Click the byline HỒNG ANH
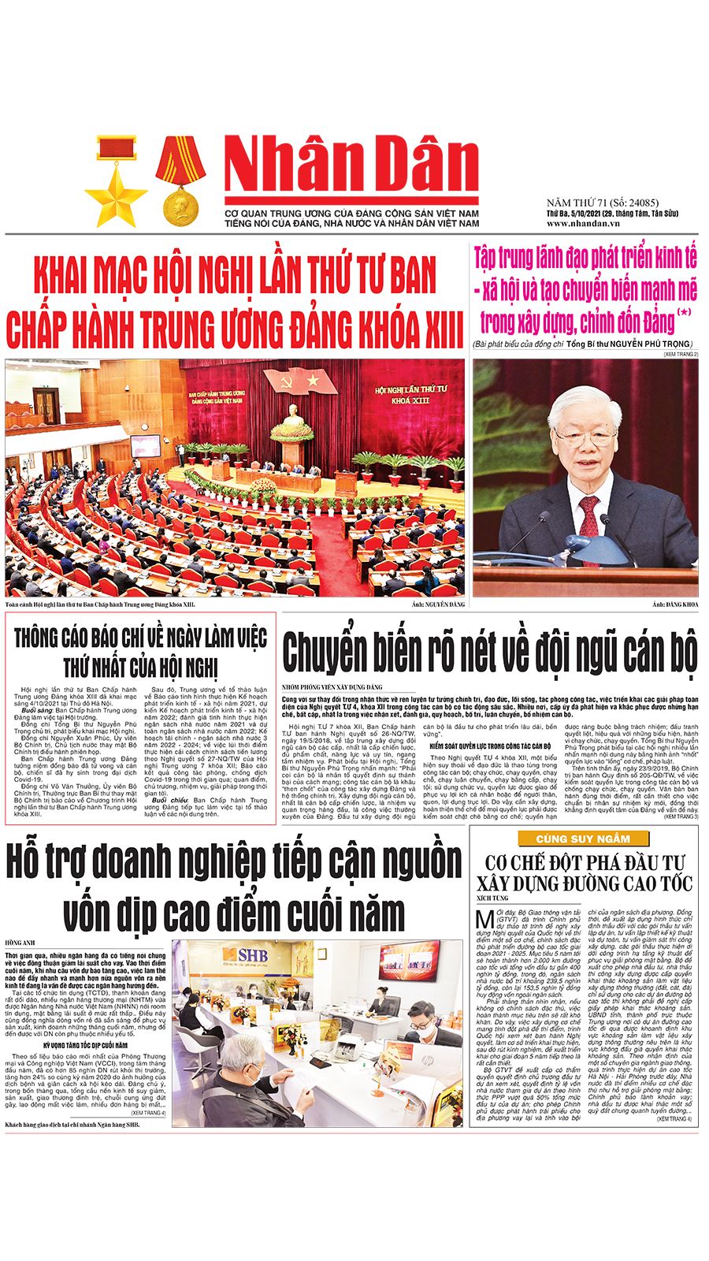tap(20, 943)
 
